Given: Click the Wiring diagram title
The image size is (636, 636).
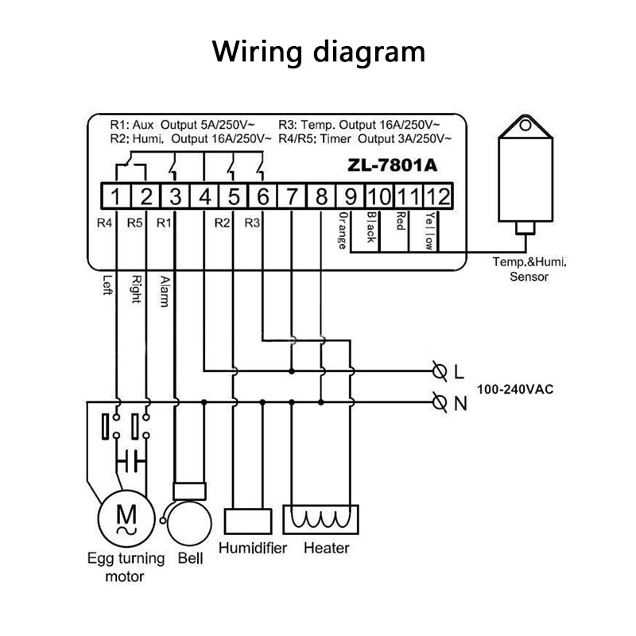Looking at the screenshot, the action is click(x=319, y=52).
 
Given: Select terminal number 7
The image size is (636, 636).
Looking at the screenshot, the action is click(x=292, y=196).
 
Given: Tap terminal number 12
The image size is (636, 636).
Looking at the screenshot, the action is click(x=438, y=196).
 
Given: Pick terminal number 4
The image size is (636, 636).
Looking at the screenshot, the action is click(x=205, y=196).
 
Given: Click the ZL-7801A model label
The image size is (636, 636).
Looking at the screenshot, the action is click(x=392, y=165).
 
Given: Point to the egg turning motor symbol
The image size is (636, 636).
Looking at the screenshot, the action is click(x=126, y=518).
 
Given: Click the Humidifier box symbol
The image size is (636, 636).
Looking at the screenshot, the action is click(x=248, y=522).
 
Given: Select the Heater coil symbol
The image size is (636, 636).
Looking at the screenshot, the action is click(x=321, y=519).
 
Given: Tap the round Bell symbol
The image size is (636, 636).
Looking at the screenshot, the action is click(x=189, y=524).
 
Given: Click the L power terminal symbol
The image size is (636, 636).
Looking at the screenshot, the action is click(x=440, y=371).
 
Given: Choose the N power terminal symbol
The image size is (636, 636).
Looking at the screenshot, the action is click(x=440, y=402).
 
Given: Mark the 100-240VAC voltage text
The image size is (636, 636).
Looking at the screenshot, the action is click(x=515, y=390).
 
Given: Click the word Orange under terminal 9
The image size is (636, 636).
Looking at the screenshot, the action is click(x=343, y=230).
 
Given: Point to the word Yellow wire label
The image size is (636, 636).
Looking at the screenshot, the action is click(x=429, y=231).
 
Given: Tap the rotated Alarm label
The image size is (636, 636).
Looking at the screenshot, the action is click(x=165, y=291).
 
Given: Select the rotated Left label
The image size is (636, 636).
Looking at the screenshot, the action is click(x=107, y=285).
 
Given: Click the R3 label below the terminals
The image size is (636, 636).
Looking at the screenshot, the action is click(x=252, y=223).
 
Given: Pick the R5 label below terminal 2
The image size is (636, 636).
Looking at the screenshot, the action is click(x=135, y=223).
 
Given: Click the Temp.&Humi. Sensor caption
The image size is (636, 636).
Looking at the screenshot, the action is click(x=529, y=269).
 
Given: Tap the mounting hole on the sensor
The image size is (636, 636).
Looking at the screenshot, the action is click(x=525, y=125).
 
